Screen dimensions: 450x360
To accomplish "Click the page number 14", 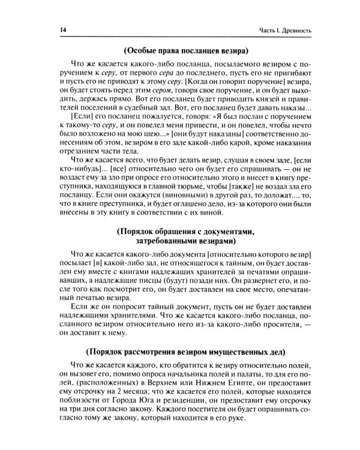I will point(62,30).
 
